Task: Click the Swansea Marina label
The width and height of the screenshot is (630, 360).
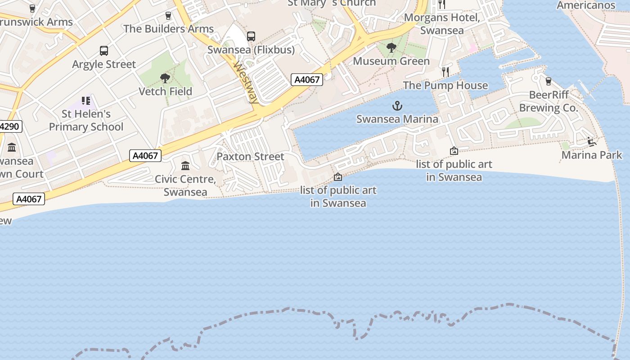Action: [397, 119]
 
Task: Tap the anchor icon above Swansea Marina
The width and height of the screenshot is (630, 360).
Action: [397, 106]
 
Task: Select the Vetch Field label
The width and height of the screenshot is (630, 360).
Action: [165, 91]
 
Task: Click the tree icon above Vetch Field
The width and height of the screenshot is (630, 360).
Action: [165, 78]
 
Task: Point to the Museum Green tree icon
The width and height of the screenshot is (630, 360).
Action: [391, 48]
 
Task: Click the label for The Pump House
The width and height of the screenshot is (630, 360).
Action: [445, 85]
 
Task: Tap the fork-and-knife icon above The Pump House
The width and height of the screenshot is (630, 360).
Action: [445, 72]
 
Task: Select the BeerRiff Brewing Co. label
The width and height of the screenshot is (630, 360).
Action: [548, 101]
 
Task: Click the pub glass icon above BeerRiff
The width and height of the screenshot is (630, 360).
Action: [548, 81]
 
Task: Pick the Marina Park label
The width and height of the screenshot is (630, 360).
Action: [592, 155]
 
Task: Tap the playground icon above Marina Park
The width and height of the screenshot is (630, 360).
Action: [592, 142]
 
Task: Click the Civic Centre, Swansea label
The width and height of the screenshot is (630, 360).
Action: [185, 185]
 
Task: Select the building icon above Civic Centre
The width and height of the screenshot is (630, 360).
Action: [185, 166]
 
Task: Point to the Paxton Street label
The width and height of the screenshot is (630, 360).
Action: [250, 157]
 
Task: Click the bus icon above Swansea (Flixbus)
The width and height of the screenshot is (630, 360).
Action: [251, 36]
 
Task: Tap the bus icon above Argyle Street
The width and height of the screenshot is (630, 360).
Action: [104, 51]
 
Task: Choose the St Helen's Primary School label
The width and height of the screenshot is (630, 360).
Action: [86, 120]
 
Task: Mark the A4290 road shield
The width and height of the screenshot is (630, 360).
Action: [10, 126]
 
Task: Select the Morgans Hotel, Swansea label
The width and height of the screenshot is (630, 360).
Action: [442, 24]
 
